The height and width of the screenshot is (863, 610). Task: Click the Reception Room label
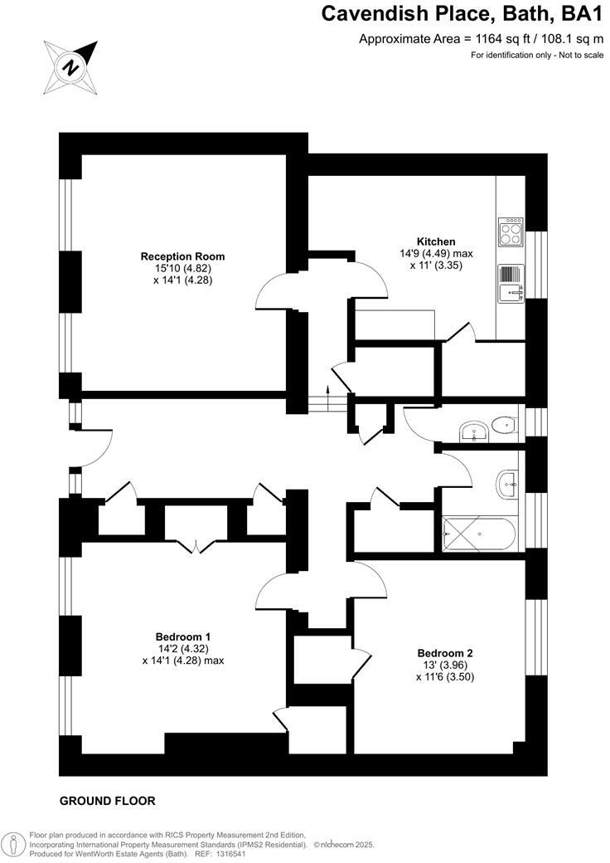182,256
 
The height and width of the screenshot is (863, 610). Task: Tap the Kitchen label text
435,241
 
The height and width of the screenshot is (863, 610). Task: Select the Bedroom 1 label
183,636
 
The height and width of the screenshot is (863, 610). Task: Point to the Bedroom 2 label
445,653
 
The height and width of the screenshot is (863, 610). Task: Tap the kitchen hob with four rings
511,232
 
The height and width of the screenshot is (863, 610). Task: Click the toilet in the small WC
502,426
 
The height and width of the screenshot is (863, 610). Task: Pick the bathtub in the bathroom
480,534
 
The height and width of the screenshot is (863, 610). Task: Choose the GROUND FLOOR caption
108,801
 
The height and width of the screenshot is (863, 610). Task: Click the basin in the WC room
474,430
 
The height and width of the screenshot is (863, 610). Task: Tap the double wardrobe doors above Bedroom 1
196,545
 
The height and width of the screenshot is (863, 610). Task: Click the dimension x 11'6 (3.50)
445,677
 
